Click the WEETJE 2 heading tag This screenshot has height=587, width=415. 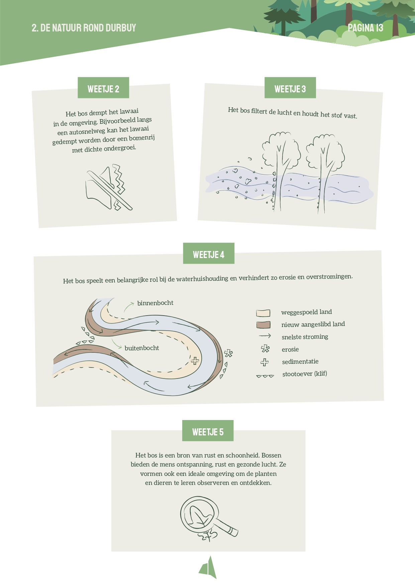pos(103,88)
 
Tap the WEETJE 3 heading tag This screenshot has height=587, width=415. pos(290,88)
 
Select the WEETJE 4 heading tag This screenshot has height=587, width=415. pos(209,254)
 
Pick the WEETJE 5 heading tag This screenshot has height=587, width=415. pos(208,431)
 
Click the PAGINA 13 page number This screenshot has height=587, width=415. pos(366,28)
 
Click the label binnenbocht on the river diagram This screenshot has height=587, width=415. pos(155,303)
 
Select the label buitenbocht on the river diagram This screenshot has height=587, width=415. pos(142,348)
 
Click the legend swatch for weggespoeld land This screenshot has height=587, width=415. pos(263,313)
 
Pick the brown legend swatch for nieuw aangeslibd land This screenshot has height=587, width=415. pos(263,325)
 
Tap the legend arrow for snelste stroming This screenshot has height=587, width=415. pos(265,336)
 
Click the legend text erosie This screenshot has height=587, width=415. pos(290,349)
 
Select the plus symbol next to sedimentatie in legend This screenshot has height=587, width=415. pos(265,362)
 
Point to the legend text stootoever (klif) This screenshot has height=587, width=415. pos(305,374)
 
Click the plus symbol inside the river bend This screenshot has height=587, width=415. pos(195,361)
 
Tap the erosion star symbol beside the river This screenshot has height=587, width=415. pos(228,353)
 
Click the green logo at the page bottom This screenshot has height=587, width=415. pos(208,567)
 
